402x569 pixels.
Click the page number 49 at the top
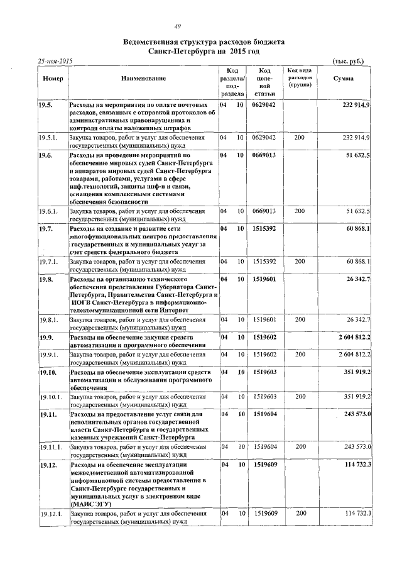coord(178,26)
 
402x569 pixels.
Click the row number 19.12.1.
coord(50,514)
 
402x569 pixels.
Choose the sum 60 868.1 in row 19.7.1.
coord(357,260)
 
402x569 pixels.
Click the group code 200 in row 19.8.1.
coord(300,320)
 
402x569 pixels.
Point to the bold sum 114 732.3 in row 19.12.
coord(357,465)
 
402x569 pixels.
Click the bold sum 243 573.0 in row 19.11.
coord(357,414)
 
